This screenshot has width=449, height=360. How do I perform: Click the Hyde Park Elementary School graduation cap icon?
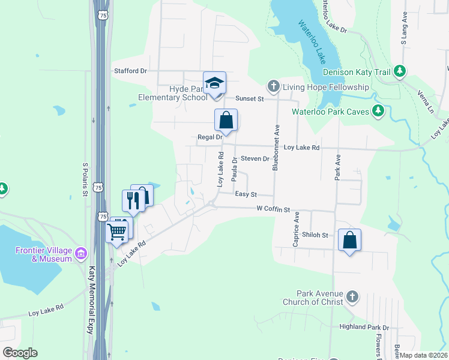214,83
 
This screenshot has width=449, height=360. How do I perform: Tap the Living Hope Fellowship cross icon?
273,87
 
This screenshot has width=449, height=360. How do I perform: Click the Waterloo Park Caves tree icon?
378,110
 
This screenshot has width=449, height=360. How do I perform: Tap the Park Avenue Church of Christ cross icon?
352,297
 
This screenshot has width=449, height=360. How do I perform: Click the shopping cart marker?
117,231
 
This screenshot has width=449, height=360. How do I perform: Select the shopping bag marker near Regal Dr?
226,120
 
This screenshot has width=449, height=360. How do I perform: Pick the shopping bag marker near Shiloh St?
349,241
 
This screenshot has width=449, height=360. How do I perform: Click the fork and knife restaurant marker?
133,200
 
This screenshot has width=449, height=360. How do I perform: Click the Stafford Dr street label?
131,71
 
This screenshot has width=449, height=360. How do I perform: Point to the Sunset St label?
249,98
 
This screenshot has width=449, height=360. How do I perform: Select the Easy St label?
246,194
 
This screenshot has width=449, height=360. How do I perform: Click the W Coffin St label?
273,210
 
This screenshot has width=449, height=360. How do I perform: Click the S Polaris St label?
85,179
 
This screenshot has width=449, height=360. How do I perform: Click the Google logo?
20,352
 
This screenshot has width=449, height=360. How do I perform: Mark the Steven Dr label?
255,158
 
